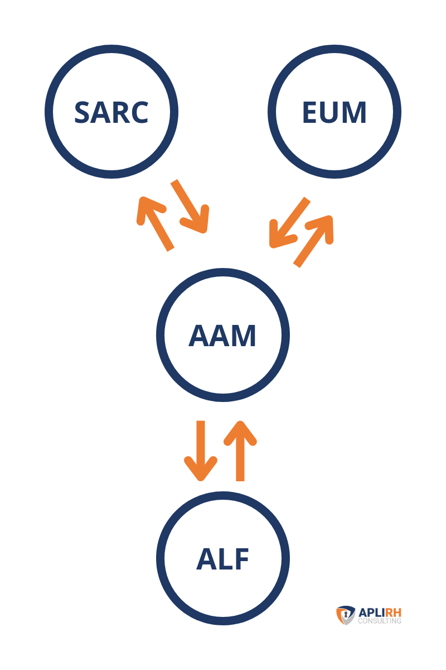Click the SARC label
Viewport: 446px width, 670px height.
click(111, 112)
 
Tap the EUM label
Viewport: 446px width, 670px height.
click(334, 112)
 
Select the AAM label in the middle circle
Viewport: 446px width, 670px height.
click(222, 336)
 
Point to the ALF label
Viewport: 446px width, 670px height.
click(222, 559)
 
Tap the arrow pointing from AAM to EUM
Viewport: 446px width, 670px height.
click(314, 240)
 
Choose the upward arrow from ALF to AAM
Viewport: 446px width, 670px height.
click(240, 450)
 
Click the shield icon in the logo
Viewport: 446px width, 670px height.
click(345, 615)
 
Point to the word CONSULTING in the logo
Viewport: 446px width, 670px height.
click(380, 620)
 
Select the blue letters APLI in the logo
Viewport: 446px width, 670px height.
click(370, 612)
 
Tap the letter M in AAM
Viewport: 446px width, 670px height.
click(243, 336)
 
